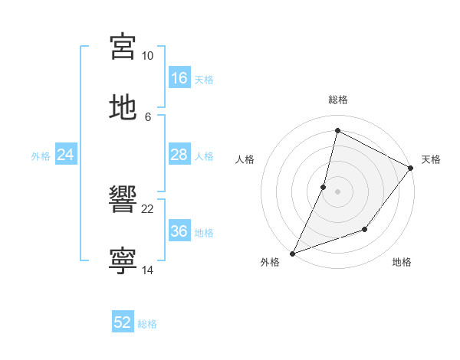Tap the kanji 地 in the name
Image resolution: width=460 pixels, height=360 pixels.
(x=123, y=107)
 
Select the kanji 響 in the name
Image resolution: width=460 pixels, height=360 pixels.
(x=123, y=201)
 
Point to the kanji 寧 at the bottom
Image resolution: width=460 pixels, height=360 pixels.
(x=123, y=261)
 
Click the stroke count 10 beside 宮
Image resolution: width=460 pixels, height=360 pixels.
(x=148, y=56)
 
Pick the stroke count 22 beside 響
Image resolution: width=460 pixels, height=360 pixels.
(x=148, y=209)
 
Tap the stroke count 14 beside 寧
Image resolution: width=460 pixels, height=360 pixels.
(x=148, y=270)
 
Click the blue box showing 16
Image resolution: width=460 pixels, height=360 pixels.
(x=179, y=78)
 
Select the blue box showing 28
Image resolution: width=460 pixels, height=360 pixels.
(x=179, y=155)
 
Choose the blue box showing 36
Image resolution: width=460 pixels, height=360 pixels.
(x=179, y=231)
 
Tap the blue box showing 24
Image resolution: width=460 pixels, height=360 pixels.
(x=66, y=155)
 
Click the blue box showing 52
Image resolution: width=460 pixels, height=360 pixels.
(x=123, y=323)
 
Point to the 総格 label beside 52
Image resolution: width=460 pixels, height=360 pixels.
(x=147, y=324)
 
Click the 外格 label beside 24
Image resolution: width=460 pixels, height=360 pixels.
(x=41, y=156)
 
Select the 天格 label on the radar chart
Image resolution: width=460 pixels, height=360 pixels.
(x=431, y=159)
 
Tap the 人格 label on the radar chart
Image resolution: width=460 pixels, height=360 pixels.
(x=245, y=159)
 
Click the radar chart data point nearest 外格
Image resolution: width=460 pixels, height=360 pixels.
(x=292, y=253)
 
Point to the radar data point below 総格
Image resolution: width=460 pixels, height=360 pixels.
(x=337, y=131)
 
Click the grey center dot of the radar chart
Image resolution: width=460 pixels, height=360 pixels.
(x=337, y=191)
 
